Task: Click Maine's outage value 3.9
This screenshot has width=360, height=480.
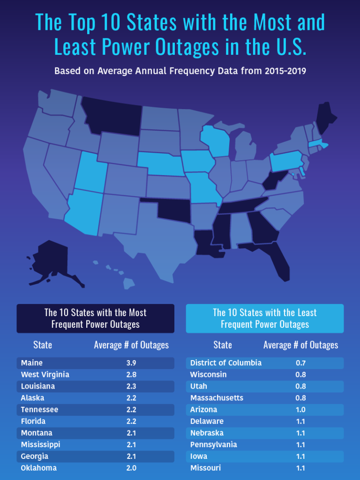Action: (x=131, y=363)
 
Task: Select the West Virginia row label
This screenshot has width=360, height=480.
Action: (x=45, y=375)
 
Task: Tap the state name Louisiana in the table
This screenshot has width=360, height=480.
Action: (x=38, y=386)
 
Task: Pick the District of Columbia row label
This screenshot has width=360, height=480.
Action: (x=226, y=363)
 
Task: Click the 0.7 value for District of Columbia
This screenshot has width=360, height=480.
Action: (x=300, y=363)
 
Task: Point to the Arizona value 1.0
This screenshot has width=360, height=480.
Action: (x=300, y=410)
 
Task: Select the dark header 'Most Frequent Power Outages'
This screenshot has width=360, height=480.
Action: (x=95, y=318)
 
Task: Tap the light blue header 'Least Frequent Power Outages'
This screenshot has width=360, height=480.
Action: (x=265, y=318)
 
